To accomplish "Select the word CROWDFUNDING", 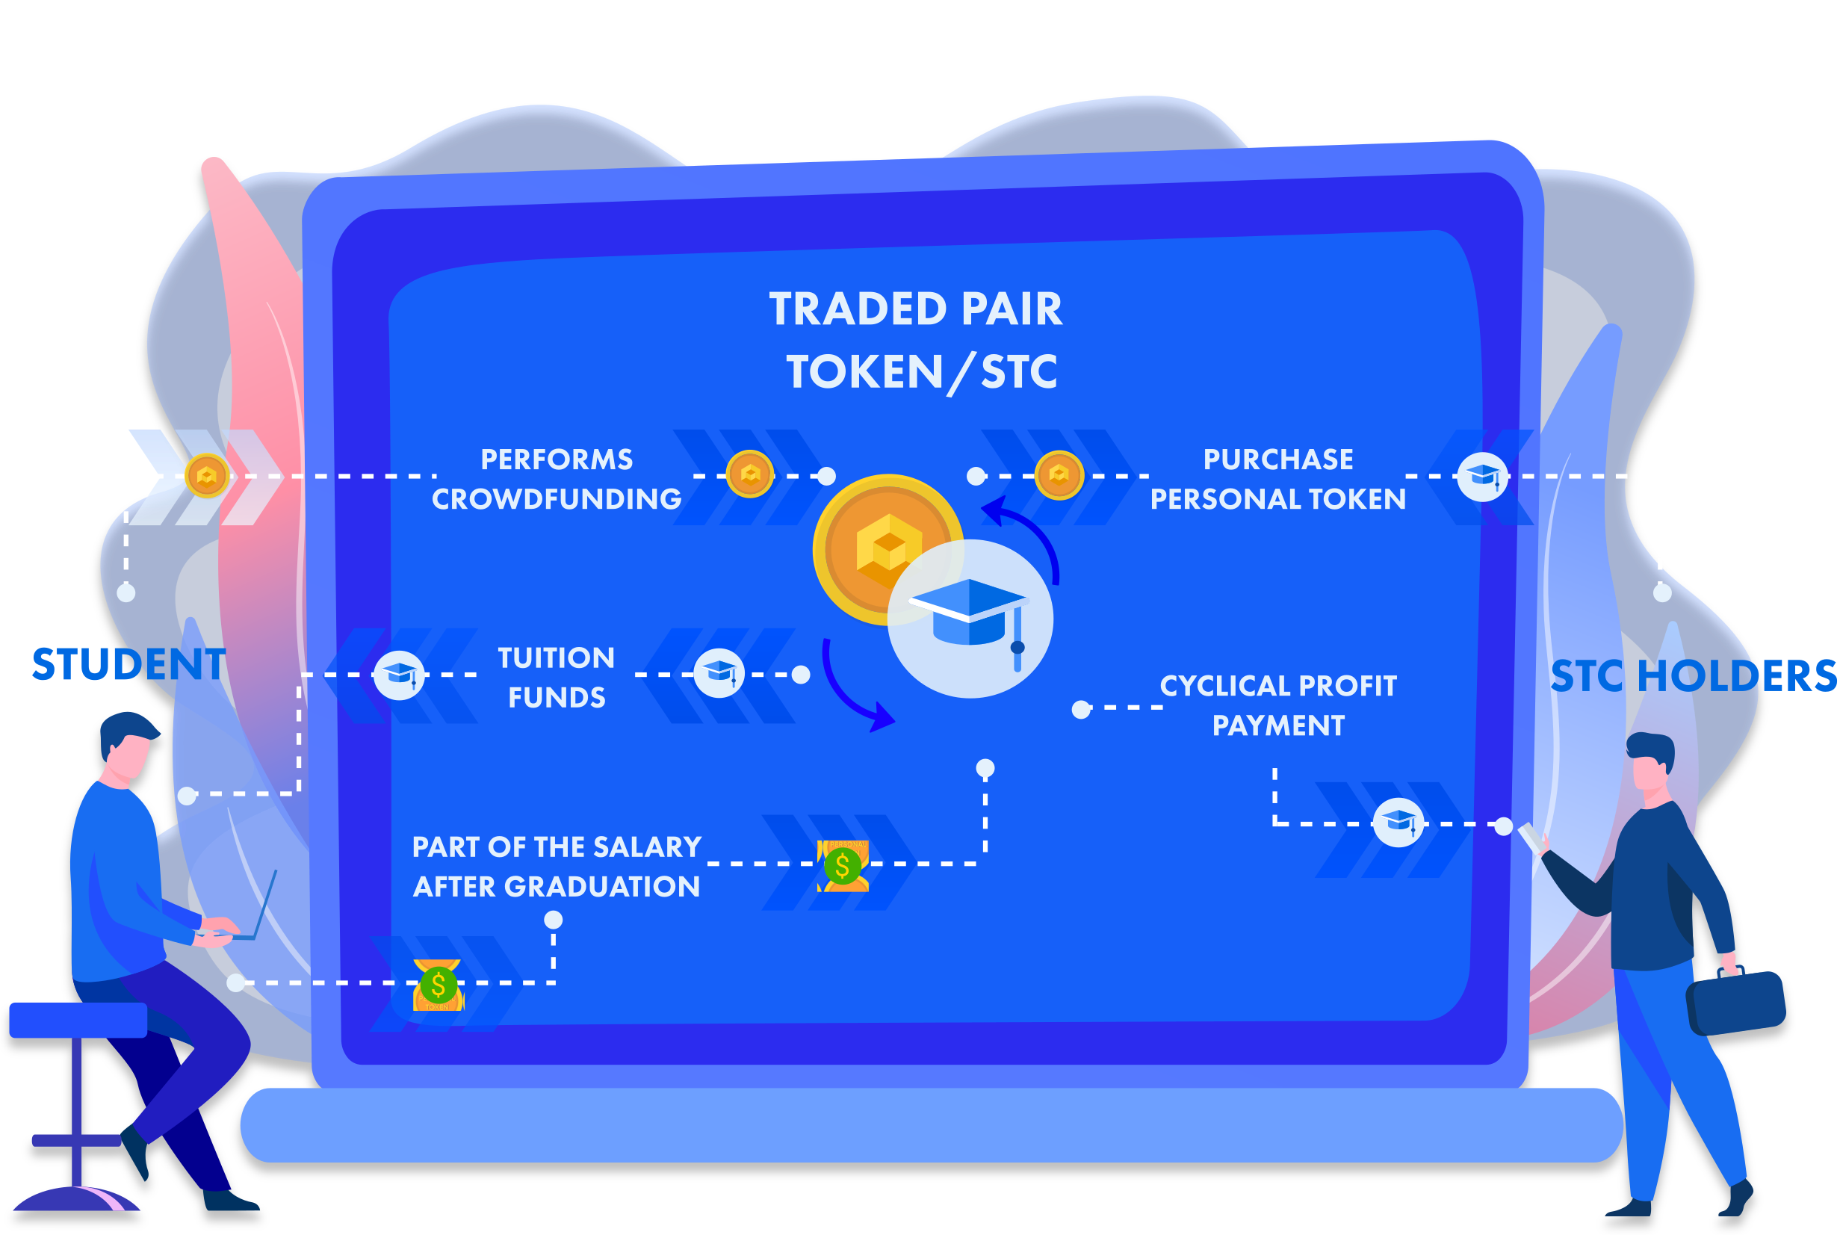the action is point(557,499).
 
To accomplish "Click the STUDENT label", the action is point(129,665).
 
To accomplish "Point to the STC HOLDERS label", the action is point(1694,677).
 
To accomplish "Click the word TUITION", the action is point(557,658).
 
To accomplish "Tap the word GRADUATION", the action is point(602,887).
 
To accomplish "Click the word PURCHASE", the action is point(1279,459).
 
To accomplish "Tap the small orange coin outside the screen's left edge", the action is point(207,476).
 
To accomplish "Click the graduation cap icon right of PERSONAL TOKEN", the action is point(1483,477).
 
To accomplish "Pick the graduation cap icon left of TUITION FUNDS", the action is point(399,675).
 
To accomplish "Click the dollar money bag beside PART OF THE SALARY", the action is point(843,866).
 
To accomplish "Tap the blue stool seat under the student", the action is point(78,1020).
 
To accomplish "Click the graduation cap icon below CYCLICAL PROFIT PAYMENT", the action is point(1398,823).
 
